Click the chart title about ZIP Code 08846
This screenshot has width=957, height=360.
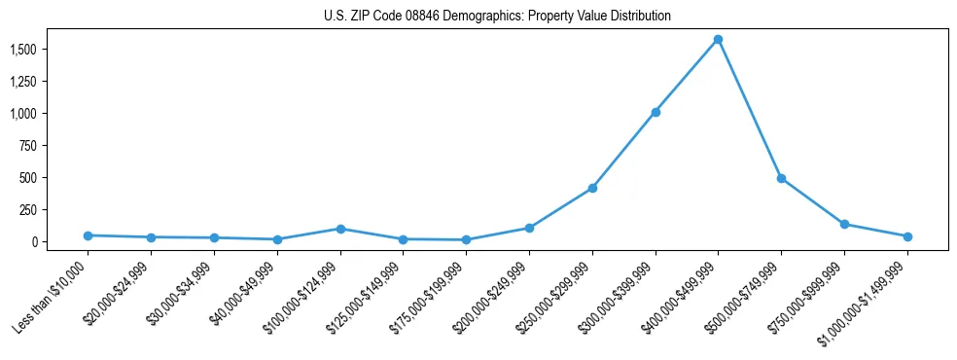tap(497, 17)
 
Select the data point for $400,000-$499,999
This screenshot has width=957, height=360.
tap(718, 39)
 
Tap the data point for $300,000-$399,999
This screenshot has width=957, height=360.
tap(656, 112)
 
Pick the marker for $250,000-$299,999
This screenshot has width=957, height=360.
tap(592, 188)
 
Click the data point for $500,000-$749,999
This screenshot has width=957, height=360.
tap(781, 178)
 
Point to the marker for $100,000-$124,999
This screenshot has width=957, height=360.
tap(340, 229)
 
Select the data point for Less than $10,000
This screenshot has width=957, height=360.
tap(88, 235)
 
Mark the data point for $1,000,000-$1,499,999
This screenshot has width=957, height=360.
tap(907, 236)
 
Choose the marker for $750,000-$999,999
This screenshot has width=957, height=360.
tap(844, 224)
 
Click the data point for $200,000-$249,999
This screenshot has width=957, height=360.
tap(529, 228)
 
